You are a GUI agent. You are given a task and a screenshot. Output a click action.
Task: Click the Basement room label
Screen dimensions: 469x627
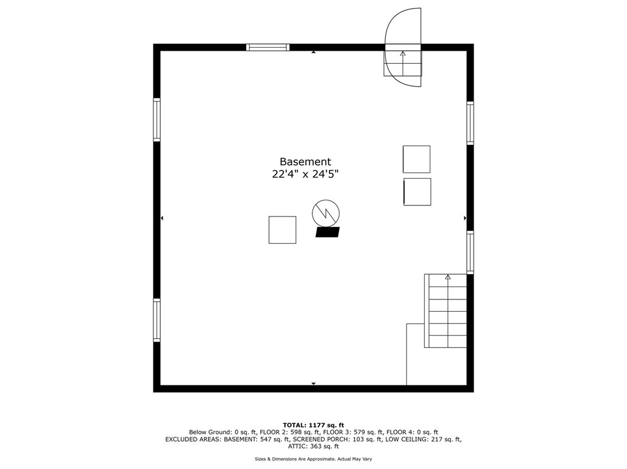(305, 161)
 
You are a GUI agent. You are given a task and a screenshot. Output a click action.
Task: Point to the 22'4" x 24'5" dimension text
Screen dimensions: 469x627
(305, 174)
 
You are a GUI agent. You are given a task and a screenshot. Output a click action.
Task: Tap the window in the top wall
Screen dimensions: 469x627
(268, 47)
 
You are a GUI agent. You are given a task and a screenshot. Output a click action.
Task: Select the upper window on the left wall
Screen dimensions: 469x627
(157, 119)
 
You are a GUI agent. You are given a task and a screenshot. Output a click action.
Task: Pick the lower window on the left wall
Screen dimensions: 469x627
(157, 320)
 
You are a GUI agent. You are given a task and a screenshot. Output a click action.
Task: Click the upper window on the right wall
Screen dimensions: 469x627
(470, 123)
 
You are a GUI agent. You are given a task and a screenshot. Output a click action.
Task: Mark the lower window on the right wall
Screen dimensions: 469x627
(470, 252)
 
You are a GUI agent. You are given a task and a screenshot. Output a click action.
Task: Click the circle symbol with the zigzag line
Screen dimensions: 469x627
(325, 213)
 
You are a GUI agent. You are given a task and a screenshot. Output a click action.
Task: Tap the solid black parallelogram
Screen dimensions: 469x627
(328, 232)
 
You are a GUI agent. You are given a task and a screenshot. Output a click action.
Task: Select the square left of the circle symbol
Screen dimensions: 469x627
(282, 230)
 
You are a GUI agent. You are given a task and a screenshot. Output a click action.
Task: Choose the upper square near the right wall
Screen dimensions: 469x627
(416, 159)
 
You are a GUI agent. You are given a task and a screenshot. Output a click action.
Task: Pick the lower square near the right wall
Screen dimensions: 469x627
(417, 192)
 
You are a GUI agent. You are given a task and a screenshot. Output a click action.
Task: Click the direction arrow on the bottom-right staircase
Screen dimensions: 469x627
(448, 277)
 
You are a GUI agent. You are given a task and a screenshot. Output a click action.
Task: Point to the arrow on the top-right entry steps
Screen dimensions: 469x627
(403, 54)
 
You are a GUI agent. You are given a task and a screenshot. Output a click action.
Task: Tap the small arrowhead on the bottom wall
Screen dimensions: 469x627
(313, 384)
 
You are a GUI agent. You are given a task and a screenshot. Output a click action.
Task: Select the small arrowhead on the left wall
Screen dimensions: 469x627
(163, 218)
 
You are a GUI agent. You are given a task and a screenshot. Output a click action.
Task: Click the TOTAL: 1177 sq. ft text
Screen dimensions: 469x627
(313, 425)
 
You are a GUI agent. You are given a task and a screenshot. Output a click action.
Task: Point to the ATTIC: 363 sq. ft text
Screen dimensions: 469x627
(313, 446)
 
